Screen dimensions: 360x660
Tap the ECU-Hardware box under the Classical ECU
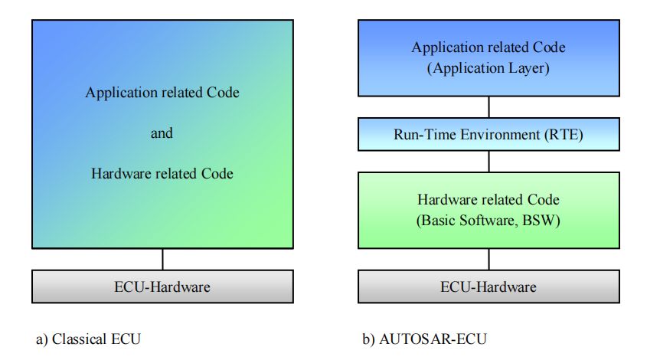[x=162, y=286]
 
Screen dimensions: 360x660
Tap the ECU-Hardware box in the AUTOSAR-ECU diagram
[x=488, y=286]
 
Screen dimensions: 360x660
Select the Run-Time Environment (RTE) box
[x=488, y=135]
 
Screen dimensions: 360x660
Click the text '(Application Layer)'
[x=488, y=68]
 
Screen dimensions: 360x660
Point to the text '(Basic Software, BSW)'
[x=488, y=220]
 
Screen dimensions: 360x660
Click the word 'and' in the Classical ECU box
[x=162, y=133]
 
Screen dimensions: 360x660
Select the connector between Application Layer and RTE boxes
[x=489, y=106]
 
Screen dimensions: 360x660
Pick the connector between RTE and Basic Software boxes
[x=489, y=162]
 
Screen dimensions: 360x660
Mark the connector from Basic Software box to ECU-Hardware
[x=489, y=259]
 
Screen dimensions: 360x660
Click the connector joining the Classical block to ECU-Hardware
[x=162, y=259]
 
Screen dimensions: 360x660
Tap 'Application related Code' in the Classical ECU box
[x=162, y=93]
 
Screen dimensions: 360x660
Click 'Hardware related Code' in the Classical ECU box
[x=162, y=174]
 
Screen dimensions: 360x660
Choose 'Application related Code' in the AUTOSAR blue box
[x=488, y=47]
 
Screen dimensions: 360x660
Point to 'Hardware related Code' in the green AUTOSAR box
[x=488, y=200]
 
